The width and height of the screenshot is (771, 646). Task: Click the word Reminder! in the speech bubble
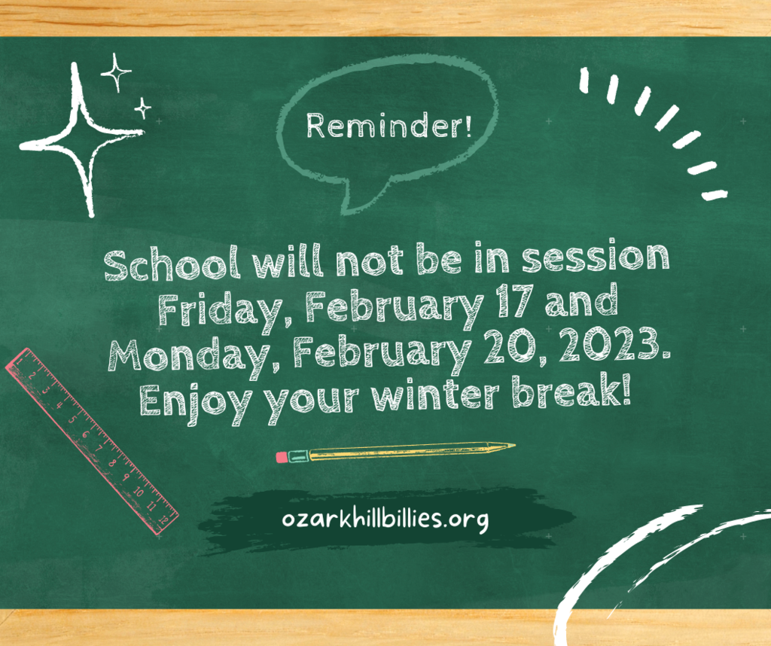(x=389, y=126)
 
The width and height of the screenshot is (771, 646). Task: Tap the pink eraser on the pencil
(x=282, y=457)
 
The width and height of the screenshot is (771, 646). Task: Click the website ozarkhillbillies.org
(x=385, y=520)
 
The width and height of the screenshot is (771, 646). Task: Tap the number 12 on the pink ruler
(x=166, y=518)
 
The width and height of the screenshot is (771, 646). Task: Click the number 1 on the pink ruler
(x=19, y=362)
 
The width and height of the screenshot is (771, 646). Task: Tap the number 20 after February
(x=510, y=346)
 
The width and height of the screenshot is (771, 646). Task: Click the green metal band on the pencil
(x=298, y=456)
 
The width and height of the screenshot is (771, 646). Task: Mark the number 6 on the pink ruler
(x=85, y=434)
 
